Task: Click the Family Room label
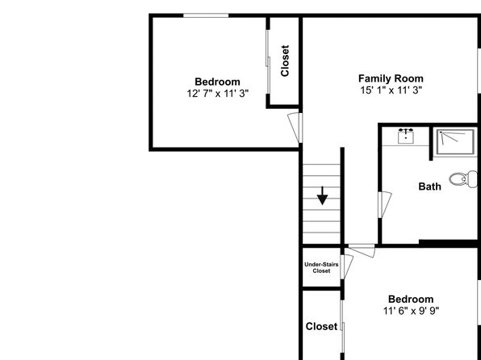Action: pos(391,78)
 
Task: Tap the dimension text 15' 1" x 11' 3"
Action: pos(391,90)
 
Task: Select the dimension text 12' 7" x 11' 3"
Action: pos(217,94)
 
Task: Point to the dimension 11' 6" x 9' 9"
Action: pos(411,311)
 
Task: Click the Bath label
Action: pos(430,186)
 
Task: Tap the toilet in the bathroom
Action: pos(463,179)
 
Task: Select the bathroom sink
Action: pos(406,136)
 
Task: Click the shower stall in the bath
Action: pos(455,141)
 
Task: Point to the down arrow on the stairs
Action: pos(322,195)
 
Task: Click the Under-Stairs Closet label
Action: pos(321,268)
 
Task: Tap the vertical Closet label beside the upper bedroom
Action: pos(285,61)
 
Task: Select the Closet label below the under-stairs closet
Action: pos(321,326)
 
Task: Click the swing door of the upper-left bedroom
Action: pos(295,128)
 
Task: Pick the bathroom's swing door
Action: pos(385,205)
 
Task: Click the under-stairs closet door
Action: pos(347,267)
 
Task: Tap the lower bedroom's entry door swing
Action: pos(362,251)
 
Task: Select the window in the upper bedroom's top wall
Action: pos(206,15)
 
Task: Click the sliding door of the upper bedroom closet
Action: pos(268,61)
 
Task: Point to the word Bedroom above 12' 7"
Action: pos(217,82)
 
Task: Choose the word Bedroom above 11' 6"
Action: pos(411,299)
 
